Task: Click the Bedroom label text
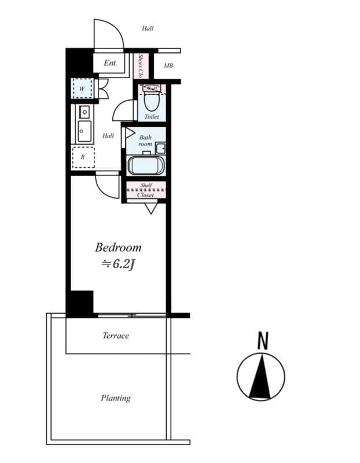point(118,248)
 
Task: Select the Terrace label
point(116,336)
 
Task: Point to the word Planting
point(116,398)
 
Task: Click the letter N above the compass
point(263,341)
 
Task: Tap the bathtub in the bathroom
point(146,166)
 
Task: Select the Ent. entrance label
point(111,63)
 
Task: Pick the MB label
point(168,66)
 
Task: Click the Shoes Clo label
point(141,66)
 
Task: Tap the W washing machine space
point(83,89)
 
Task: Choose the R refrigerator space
point(83,157)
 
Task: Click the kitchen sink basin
point(85,131)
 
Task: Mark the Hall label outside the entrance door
point(148,28)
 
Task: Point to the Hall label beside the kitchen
point(108,136)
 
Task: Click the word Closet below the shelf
point(146,195)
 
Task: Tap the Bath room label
point(145,140)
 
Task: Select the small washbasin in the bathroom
point(160,148)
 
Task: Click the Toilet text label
point(152,117)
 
